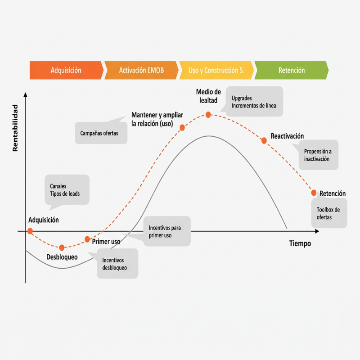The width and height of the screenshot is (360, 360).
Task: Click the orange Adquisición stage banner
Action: pos(66,70)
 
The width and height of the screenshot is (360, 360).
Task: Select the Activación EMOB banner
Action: pos(141,70)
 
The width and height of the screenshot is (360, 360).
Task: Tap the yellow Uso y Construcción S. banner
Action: pos(216,70)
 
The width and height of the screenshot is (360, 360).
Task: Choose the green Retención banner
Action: pos(292,70)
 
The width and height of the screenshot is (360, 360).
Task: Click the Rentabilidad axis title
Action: pos(15,128)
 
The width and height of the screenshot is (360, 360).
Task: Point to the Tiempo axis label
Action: pos(300,243)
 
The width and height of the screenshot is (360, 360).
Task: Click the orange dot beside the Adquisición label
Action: pos(30,231)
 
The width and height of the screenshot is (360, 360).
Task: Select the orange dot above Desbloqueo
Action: pos(62,247)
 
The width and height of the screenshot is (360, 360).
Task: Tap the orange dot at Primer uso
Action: pos(87,239)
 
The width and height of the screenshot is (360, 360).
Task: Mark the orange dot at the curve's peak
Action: pos(208,115)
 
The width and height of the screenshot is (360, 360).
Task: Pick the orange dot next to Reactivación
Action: pos(264,141)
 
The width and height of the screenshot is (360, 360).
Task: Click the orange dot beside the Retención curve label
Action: pos(314,193)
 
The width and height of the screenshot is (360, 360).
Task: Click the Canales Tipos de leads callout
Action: pos(67,190)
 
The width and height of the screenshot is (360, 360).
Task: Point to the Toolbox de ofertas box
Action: pos(329,213)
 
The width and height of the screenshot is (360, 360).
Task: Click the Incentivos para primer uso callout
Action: pos(167,231)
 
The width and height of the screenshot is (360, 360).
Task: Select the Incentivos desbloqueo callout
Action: pos(117,264)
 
